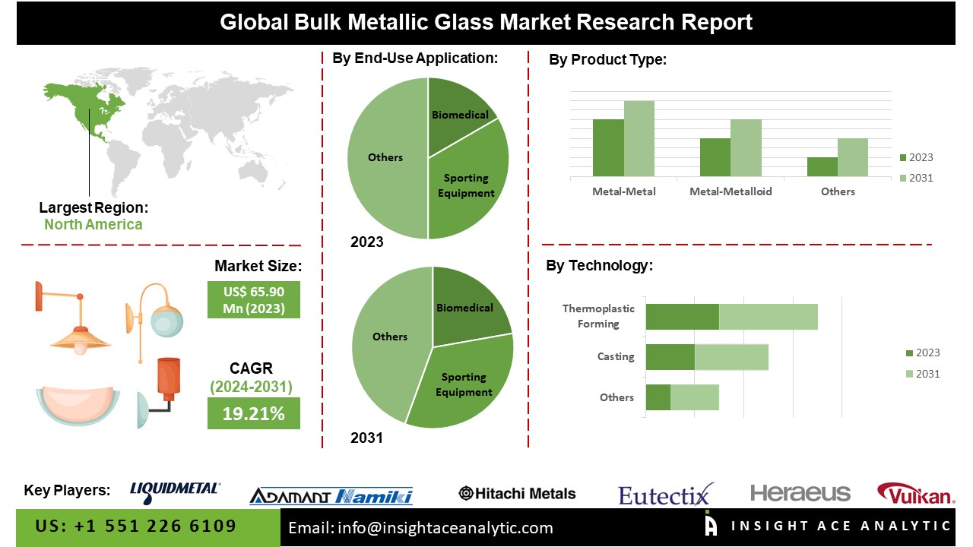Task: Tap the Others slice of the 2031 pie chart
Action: [x=388, y=342]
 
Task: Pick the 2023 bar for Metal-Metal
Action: [x=608, y=148]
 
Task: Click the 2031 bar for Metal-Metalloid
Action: [x=746, y=148]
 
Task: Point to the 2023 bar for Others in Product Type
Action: [x=822, y=167]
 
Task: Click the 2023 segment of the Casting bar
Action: [x=670, y=357]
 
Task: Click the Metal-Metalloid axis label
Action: [x=731, y=191]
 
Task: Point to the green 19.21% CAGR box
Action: [x=253, y=414]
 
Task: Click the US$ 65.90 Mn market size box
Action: [x=253, y=299]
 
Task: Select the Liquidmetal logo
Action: [x=176, y=492]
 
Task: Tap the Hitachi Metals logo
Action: [x=517, y=494]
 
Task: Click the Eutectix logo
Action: [x=666, y=495]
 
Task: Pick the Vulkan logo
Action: [x=915, y=495]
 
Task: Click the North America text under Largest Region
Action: [x=93, y=224]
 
